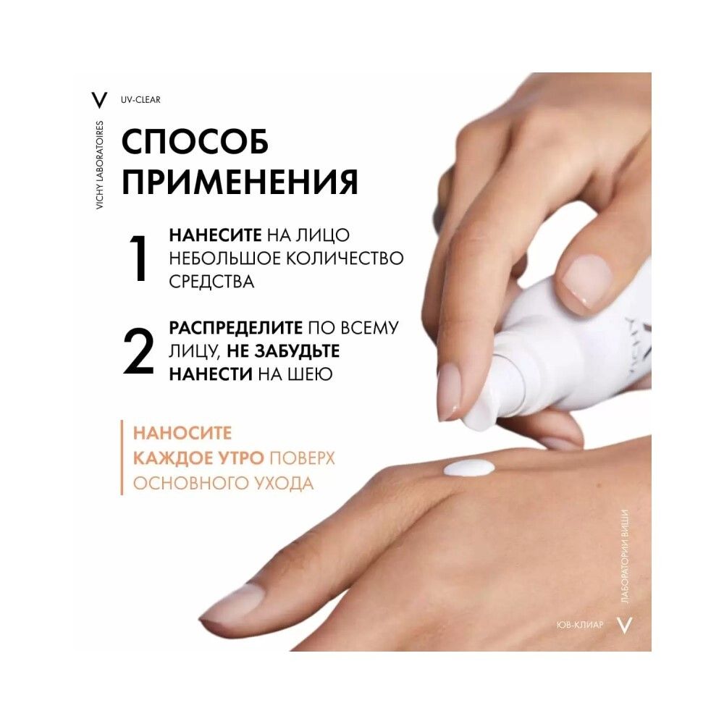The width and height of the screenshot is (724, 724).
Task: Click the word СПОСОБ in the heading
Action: (x=195, y=142)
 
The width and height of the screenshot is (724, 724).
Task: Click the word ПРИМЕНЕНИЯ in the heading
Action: (x=240, y=182)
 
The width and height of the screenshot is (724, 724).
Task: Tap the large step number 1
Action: (x=140, y=259)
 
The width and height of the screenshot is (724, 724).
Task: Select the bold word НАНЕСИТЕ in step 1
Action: (x=215, y=235)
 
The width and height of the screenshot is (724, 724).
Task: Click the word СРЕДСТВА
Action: (x=211, y=282)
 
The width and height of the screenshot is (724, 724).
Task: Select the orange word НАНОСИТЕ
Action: (x=182, y=434)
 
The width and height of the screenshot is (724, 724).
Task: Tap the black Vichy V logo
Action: (x=99, y=99)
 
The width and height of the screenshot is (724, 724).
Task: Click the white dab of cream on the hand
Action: (x=468, y=468)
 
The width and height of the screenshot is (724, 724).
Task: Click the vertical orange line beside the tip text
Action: (x=122, y=458)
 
